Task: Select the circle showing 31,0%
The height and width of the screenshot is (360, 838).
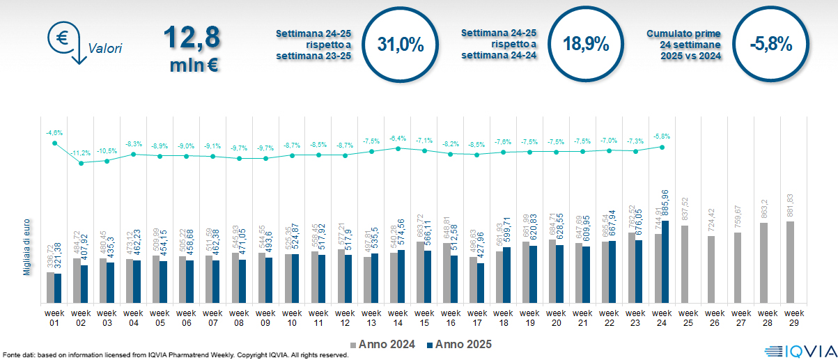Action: [x=401, y=44]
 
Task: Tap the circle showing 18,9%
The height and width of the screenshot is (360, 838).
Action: [x=586, y=44]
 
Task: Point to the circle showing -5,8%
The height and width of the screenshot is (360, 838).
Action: [x=771, y=44]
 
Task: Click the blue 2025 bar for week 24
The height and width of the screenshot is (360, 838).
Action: [x=665, y=262]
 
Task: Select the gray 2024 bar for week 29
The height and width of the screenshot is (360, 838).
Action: [x=790, y=262]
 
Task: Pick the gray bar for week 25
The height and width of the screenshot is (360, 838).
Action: [x=684, y=264]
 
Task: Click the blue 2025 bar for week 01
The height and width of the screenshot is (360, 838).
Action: [x=58, y=288]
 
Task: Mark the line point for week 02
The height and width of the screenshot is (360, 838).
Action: [x=81, y=163]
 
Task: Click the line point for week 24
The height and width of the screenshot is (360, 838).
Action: [x=662, y=147]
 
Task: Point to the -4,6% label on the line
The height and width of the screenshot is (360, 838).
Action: [x=54, y=132]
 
